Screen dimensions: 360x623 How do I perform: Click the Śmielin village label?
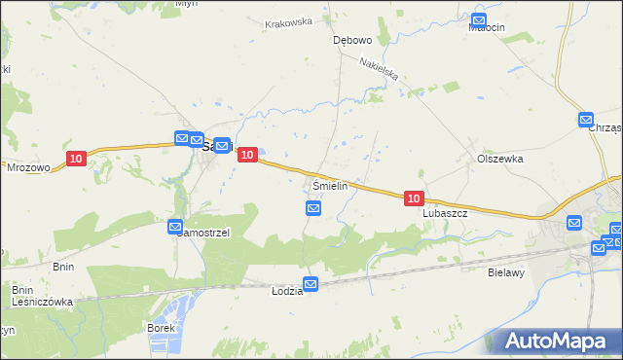pyautogui.click(x=331, y=185)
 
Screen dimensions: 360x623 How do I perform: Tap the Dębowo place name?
pyautogui.click(x=352, y=41)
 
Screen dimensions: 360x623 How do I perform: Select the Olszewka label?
pyautogui.click(x=499, y=158)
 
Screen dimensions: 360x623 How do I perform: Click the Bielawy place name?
pyautogui.click(x=506, y=273)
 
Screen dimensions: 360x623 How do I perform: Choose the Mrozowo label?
pyautogui.click(x=27, y=166)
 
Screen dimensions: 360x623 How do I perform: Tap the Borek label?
pyautogui.click(x=161, y=328)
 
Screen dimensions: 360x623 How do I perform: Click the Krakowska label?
pyautogui.click(x=288, y=21)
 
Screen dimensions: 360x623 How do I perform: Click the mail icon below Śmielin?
pyautogui.click(x=313, y=208)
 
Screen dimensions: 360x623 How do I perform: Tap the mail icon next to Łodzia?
pyautogui.click(x=311, y=284)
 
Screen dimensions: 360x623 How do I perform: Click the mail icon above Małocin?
pyautogui.click(x=479, y=19)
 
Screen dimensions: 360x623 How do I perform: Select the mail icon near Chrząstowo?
pyautogui.click(x=586, y=121)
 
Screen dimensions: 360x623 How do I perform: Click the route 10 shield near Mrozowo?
pyautogui.click(x=77, y=158)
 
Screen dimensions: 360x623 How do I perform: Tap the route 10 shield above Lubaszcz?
pyautogui.click(x=413, y=198)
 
